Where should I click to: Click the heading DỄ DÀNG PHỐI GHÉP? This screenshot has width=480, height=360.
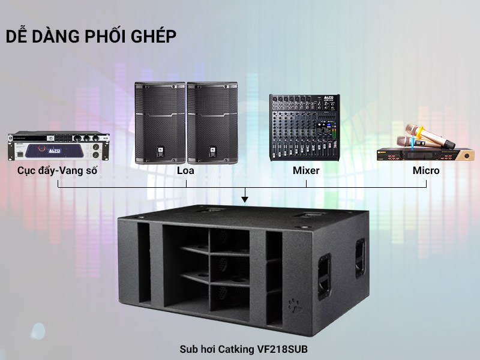click(91, 36)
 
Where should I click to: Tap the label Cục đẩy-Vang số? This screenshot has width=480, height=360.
click(57, 170)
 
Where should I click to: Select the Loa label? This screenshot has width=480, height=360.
click(185, 170)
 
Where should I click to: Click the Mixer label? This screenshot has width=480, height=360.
click(306, 170)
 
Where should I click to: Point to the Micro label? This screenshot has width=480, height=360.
click(426, 170)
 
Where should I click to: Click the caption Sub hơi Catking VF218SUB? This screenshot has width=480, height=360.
click(244, 349)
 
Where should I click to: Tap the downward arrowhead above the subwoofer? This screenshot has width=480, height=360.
click(245, 199)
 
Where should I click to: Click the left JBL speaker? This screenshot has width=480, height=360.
click(160, 123)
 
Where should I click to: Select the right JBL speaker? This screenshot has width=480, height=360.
click(212, 123)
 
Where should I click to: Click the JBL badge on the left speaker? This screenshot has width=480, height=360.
click(160, 152)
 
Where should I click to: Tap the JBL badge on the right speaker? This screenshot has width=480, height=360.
click(212, 152)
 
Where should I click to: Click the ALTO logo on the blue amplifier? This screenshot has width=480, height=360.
click(55, 151)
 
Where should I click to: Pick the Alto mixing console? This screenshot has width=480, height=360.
click(305, 127)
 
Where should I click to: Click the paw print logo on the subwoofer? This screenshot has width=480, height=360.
click(295, 306)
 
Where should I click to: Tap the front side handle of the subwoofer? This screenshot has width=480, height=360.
click(324, 277)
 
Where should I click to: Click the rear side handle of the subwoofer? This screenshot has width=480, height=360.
click(360, 258)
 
